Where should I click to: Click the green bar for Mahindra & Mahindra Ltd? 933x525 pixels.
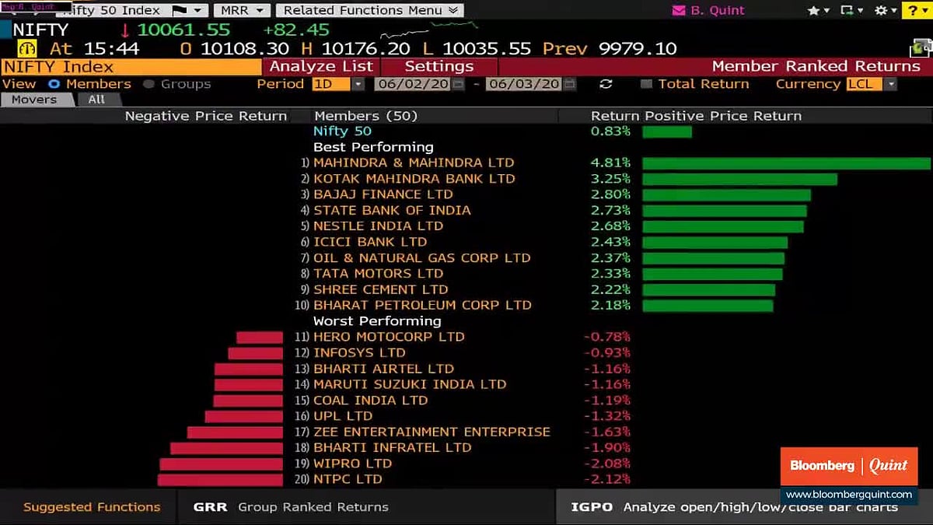click(785, 163)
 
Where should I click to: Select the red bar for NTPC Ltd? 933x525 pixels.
click(220, 480)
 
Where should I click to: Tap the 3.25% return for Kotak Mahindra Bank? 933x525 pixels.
click(610, 179)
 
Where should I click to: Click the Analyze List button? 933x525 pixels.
click(321, 67)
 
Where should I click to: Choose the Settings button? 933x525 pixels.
click(439, 67)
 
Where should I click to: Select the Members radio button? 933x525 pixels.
click(54, 84)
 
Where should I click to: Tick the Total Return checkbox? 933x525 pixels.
click(646, 84)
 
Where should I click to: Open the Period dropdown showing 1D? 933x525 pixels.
click(337, 84)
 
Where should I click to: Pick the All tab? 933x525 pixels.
click(96, 100)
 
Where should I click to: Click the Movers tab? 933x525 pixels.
click(34, 100)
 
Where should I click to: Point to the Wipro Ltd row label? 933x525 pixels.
click(352, 464)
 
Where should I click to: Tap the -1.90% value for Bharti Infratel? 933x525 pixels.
click(606, 448)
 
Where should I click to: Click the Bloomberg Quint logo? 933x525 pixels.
click(848, 466)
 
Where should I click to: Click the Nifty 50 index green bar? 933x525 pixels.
click(666, 131)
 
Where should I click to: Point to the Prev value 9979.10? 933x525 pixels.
click(637, 48)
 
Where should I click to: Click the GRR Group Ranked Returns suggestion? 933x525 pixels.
click(291, 507)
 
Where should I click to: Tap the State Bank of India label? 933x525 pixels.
click(392, 211)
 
